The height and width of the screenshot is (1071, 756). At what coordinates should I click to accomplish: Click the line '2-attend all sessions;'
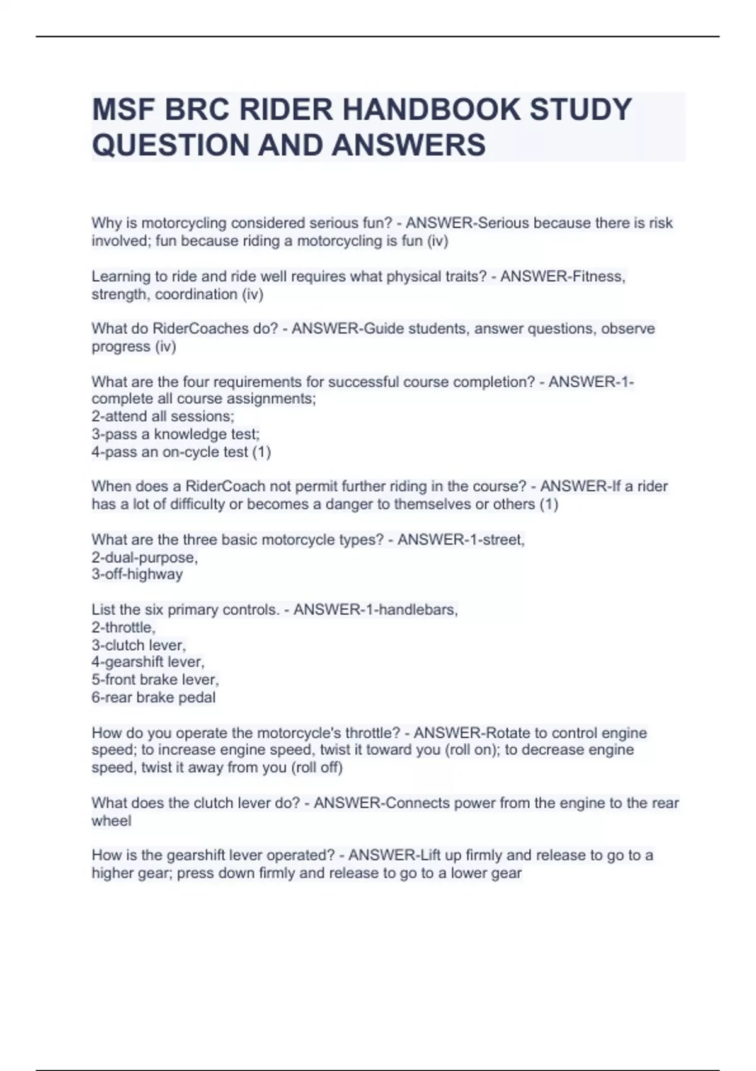[x=163, y=416]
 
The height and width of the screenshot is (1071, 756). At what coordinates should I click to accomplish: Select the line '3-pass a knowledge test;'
[x=175, y=434]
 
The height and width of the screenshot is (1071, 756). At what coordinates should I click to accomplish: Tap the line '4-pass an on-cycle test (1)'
[x=181, y=452]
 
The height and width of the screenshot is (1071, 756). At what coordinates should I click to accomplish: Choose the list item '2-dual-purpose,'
[x=144, y=558]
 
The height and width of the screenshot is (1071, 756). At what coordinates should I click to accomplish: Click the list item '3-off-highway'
[x=137, y=575]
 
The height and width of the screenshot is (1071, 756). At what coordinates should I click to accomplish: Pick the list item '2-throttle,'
[x=123, y=627]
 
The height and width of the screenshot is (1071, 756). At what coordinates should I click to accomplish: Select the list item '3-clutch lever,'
[x=139, y=645]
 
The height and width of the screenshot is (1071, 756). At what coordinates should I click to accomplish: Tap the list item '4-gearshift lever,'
[x=148, y=662]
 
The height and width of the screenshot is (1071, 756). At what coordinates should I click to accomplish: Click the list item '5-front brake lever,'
[x=155, y=680]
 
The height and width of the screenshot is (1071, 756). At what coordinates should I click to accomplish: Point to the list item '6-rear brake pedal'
[x=154, y=697]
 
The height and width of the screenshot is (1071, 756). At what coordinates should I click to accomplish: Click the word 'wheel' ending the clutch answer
[x=112, y=821]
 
